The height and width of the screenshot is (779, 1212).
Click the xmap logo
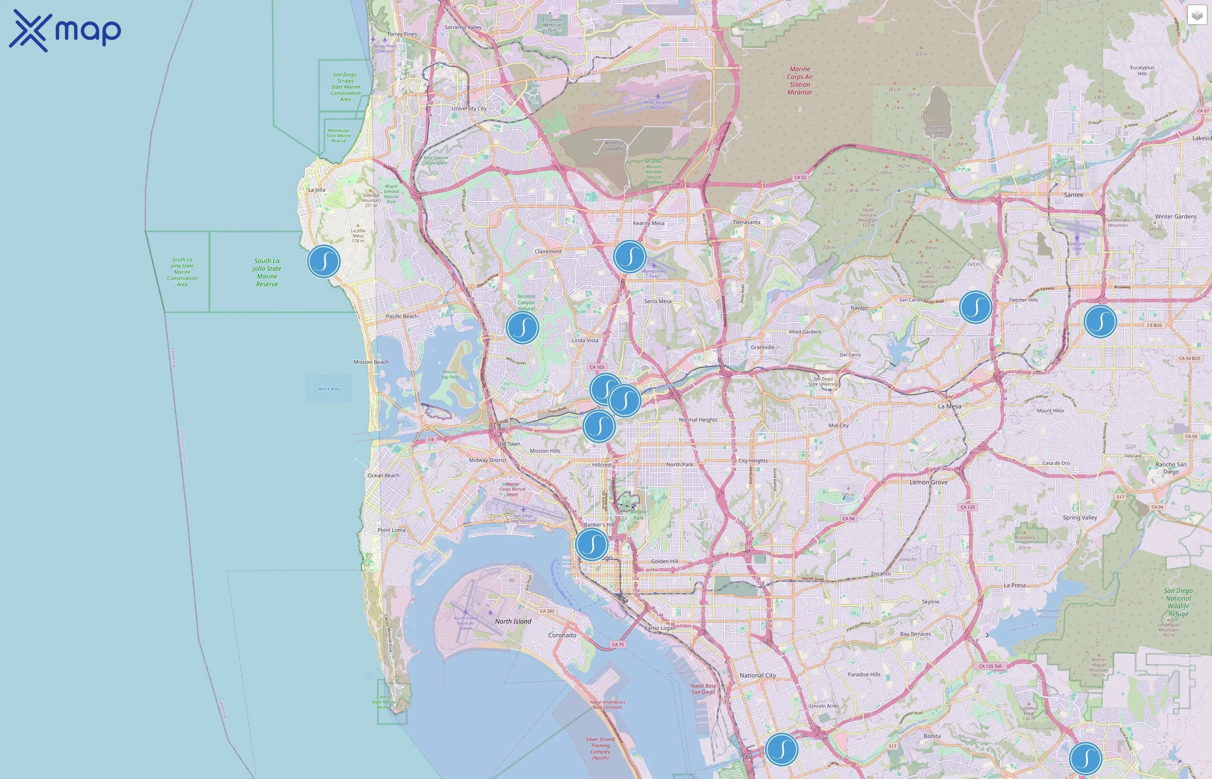[x=65, y=30]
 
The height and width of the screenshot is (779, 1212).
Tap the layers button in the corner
[x=1196, y=16]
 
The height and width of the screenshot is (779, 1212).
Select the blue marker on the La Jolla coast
[x=324, y=261]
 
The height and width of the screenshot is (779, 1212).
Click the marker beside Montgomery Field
[x=629, y=257]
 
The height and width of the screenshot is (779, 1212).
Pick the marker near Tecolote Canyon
[x=522, y=328]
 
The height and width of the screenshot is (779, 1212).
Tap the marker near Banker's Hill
[x=591, y=544]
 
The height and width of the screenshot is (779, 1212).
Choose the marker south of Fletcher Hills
[x=1100, y=321]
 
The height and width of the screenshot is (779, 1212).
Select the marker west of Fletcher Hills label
[x=975, y=307]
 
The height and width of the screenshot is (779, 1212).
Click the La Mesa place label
[x=949, y=406]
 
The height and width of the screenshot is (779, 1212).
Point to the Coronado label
[x=562, y=635]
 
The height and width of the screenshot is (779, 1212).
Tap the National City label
[x=757, y=675]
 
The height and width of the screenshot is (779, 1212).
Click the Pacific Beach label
[x=402, y=316]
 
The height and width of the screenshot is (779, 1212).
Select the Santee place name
[x=1073, y=195]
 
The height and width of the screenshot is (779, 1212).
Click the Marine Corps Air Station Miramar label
[x=800, y=80]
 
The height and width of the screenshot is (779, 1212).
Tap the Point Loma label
[x=391, y=530]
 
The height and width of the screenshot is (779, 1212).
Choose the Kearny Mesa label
[x=648, y=223]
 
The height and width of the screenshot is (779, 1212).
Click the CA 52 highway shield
[x=800, y=177]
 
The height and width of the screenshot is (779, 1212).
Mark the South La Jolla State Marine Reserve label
[x=267, y=272]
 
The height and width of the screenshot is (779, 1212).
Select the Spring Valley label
[x=1080, y=518]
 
